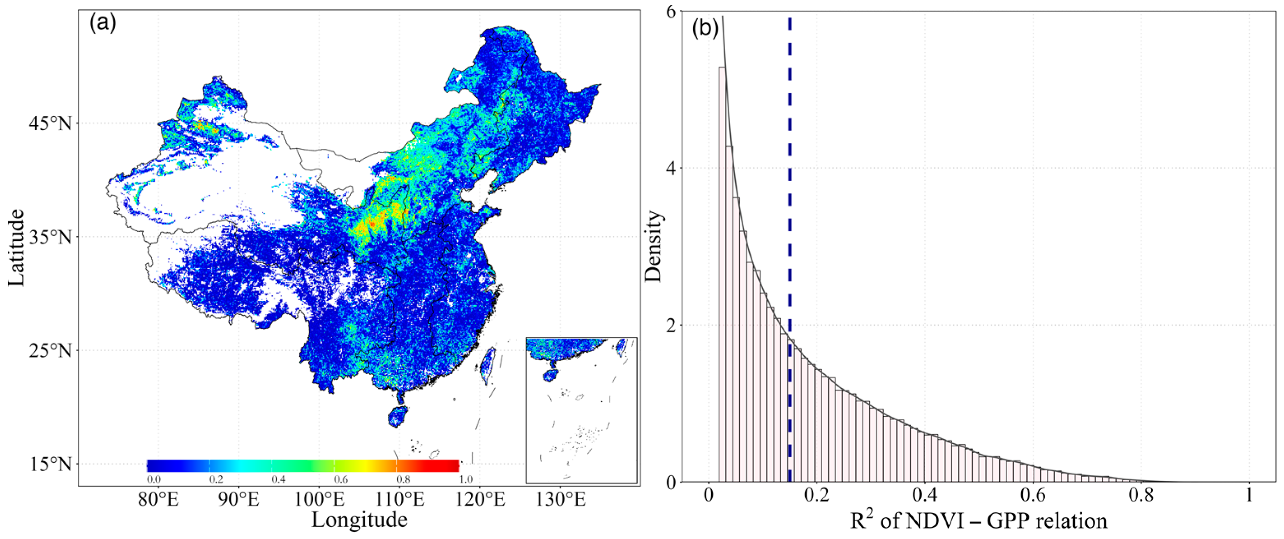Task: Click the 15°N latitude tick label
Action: (50, 464)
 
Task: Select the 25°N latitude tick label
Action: (50, 351)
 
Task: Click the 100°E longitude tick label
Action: (319, 499)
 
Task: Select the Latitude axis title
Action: (16, 248)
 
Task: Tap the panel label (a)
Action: (103, 23)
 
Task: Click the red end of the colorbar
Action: (451, 465)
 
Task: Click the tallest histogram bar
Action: (722, 274)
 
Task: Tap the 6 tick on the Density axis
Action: (671, 12)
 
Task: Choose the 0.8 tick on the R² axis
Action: (1141, 496)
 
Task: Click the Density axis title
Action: (654, 248)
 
